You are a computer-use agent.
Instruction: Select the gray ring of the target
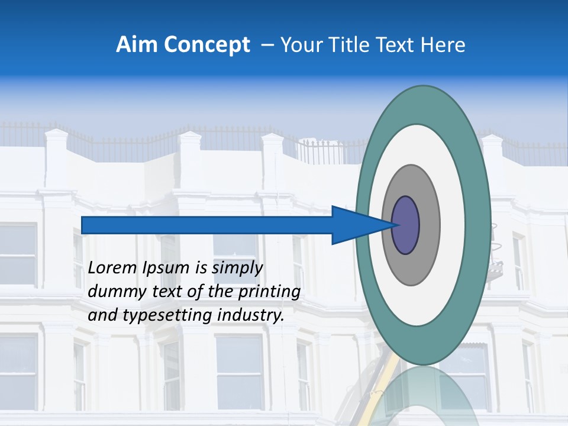click(x=428, y=225)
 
